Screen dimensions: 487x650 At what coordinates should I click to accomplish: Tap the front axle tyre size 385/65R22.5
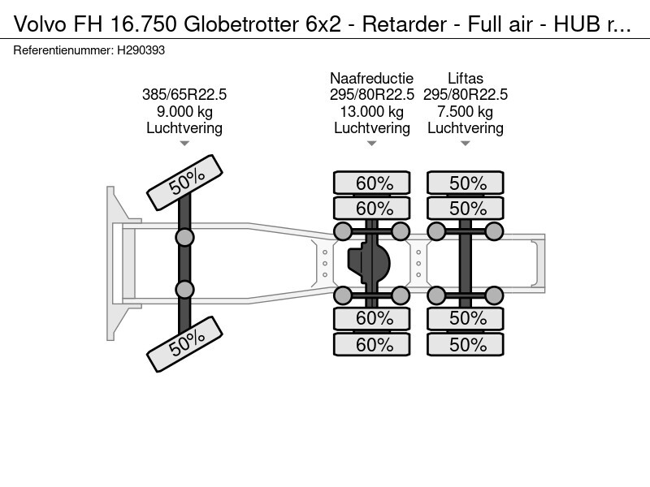(184, 95)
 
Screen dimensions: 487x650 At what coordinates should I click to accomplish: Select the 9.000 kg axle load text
(184, 112)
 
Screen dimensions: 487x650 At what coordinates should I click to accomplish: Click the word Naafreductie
(371, 79)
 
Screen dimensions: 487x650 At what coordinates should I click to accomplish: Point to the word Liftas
(466, 79)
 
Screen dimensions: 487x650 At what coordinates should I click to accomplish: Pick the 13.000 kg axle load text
(371, 112)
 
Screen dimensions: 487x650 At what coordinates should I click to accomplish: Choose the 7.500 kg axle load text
(466, 112)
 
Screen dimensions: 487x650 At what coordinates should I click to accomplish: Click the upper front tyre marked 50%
(184, 181)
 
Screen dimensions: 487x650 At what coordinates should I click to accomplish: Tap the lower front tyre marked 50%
(184, 343)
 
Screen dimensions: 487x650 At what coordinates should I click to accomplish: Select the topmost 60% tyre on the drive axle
(374, 183)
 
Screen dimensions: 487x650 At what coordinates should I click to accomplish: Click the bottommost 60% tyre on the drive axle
(374, 345)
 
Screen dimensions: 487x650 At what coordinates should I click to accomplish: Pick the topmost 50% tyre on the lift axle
(467, 183)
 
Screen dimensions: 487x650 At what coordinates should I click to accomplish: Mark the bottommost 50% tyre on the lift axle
(467, 345)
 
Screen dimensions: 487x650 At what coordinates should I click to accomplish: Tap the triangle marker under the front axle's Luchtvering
(184, 144)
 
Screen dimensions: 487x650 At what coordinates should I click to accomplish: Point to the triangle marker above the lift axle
(466, 144)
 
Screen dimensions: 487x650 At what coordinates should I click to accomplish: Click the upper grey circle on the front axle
(185, 237)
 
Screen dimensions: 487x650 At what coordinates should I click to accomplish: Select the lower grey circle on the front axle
(185, 290)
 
